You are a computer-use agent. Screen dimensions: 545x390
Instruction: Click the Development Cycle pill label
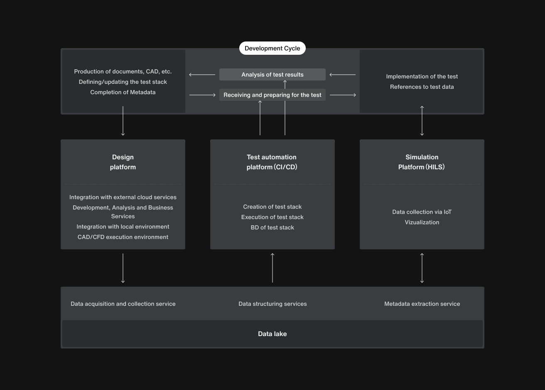(272, 48)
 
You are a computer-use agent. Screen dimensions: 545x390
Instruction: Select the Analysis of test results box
(272, 75)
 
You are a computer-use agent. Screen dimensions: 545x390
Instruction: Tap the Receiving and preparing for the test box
(272, 95)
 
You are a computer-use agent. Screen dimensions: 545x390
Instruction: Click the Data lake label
(272, 334)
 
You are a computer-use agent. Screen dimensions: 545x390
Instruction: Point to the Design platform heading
(123, 162)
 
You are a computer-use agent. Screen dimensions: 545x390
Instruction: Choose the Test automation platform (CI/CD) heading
(272, 162)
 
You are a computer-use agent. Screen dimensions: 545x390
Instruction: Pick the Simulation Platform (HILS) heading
(422, 162)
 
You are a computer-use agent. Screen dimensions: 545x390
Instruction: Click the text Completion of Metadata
(123, 93)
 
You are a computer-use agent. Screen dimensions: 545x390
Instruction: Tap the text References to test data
(422, 87)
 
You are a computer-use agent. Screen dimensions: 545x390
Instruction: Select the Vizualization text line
(422, 222)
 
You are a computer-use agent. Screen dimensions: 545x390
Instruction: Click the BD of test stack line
(272, 227)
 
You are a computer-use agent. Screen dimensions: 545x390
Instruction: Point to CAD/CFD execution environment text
(123, 237)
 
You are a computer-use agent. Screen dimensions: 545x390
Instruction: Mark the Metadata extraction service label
(422, 304)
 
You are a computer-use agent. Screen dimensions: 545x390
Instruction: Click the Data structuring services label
(272, 304)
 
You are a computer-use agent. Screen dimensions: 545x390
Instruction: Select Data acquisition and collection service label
(123, 304)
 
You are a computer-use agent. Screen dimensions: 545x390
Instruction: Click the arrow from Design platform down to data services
(123, 268)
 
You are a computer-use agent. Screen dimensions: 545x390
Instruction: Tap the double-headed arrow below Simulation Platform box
(422, 268)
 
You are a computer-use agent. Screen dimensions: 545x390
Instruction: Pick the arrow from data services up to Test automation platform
(272, 268)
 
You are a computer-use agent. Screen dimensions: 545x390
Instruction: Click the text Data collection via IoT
(422, 212)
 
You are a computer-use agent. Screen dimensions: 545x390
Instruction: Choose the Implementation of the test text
(422, 76)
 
